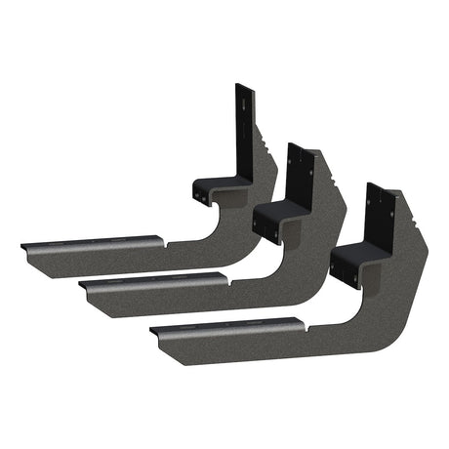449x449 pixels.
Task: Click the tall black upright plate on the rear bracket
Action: [x=243, y=127]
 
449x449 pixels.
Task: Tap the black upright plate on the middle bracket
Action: [x=298, y=176]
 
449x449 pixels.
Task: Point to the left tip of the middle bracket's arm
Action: [x=82, y=288]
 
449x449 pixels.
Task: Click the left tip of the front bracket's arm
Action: [x=154, y=332]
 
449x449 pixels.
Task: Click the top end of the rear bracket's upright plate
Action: [x=243, y=88]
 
